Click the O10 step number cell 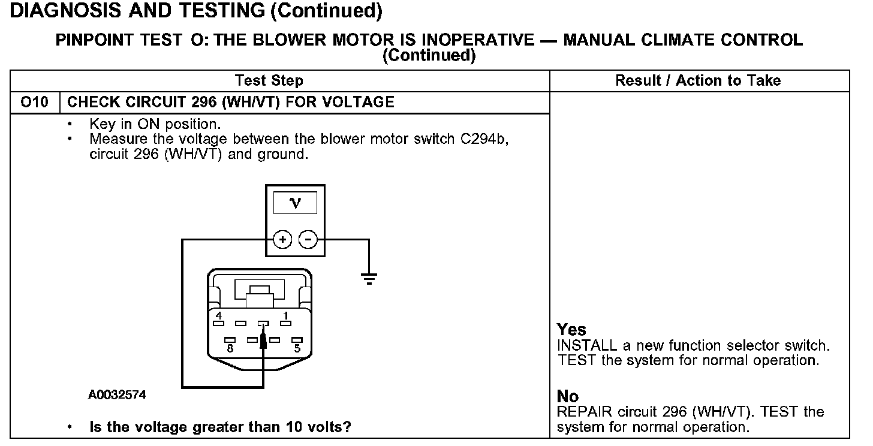[34, 103]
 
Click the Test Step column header [269, 81]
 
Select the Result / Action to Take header [698, 81]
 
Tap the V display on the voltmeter [295, 204]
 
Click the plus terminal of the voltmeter [282, 240]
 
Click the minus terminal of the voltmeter [308, 240]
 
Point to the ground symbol [369, 278]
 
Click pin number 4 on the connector [219, 316]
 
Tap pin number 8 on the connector [230, 347]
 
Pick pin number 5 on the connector [297, 347]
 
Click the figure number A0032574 [117, 395]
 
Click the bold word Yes [571, 330]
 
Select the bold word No [568, 397]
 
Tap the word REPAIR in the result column [580, 412]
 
